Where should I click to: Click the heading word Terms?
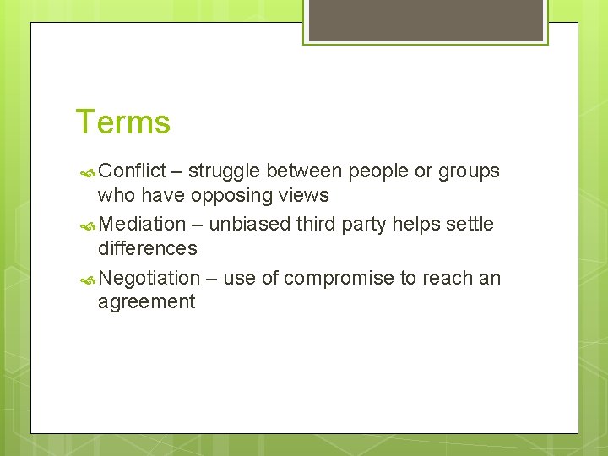pos(123,122)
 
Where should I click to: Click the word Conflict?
pos(133,171)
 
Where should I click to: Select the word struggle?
pos(224,171)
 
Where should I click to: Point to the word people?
pos(377,171)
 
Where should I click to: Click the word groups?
pos(470,171)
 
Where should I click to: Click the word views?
pos(305,196)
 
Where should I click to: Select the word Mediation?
pos(142,225)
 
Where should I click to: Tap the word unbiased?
pos(246,225)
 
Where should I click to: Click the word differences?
pos(148,248)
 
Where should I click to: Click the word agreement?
pos(146,301)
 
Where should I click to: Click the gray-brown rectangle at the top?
pos(425,19)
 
